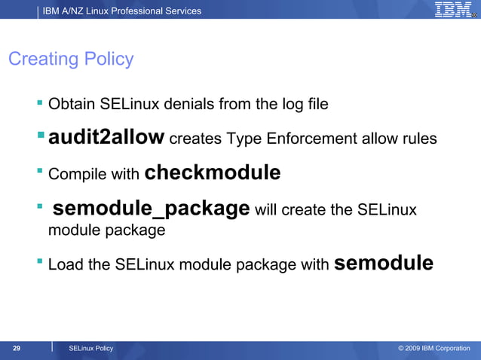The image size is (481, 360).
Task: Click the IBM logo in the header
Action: (x=454, y=10)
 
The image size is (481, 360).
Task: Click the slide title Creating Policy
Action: (x=71, y=59)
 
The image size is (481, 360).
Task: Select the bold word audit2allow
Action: (x=106, y=137)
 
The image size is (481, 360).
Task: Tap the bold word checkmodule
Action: (x=212, y=172)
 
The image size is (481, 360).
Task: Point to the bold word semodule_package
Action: (x=151, y=208)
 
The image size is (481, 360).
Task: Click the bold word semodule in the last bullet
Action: (x=383, y=263)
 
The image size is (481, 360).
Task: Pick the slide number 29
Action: (x=16, y=348)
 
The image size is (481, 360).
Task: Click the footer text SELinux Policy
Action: (x=90, y=348)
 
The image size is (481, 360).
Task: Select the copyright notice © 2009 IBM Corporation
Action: (x=434, y=348)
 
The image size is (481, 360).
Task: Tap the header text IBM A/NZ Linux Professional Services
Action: (x=122, y=11)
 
